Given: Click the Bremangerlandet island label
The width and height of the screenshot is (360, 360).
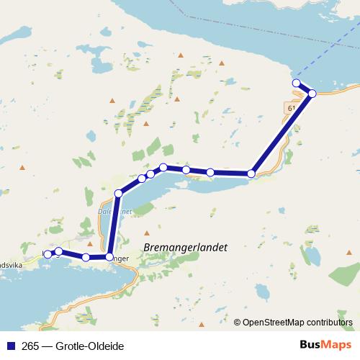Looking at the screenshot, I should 185,247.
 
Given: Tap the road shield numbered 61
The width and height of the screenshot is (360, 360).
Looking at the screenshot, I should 291,107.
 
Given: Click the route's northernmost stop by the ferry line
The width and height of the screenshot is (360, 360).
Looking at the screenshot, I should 296,84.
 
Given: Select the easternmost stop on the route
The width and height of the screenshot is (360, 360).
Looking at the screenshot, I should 312,93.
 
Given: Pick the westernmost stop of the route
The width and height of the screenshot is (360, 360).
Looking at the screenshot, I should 48,254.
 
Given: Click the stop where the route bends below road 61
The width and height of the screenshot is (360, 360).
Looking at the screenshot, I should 251,174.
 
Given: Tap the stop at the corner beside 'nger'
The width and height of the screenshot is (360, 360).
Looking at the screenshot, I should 109,256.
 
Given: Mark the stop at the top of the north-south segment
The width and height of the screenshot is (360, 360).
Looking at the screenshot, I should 119,193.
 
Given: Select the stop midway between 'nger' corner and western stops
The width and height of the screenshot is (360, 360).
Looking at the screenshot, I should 86,257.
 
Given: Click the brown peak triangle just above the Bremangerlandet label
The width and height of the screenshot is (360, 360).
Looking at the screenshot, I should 147,233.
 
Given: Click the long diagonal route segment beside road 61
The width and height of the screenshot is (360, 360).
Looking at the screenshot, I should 282,133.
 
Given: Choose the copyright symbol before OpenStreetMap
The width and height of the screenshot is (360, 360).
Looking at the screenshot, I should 238,322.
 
